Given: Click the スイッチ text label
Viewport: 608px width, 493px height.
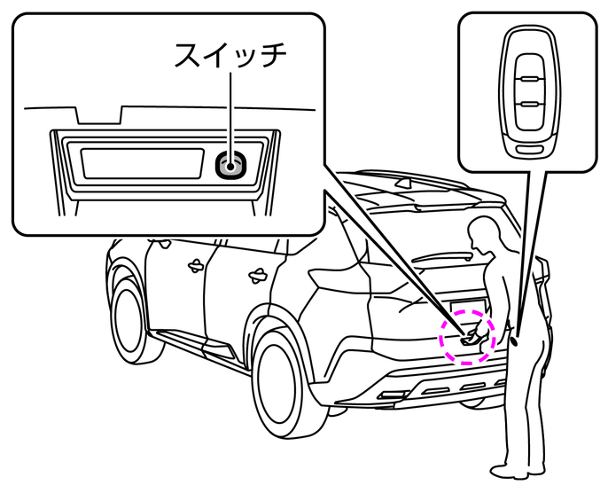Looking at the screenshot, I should pyautogui.click(x=230, y=56).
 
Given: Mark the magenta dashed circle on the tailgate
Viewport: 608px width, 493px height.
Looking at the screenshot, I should pyautogui.click(x=468, y=336).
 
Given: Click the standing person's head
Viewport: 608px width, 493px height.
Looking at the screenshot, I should pyautogui.click(x=486, y=234).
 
